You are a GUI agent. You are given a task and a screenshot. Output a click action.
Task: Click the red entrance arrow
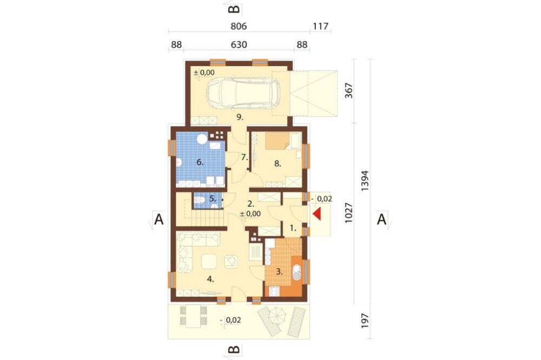click(x=316, y=214)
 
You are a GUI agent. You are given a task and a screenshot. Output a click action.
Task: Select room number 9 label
click(x=240, y=117)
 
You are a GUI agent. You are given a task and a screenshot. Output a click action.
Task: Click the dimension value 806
click(x=239, y=26)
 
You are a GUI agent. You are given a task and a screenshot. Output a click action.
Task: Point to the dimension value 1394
click(x=365, y=181)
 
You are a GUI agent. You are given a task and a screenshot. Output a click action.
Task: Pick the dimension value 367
click(x=349, y=90)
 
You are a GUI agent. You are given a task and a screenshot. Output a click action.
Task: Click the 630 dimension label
click(x=239, y=45)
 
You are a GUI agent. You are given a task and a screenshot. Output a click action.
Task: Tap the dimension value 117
click(x=320, y=26)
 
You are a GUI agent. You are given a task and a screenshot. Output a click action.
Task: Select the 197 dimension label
click(x=365, y=321)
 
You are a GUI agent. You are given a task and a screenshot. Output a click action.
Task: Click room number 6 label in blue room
click(x=200, y=162)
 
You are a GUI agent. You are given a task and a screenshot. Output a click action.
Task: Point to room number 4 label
click(x=210, y=279)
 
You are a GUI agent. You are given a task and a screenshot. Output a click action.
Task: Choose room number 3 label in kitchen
click(x=280, y=272)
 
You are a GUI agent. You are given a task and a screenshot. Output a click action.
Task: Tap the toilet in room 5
click(x=199, y=200)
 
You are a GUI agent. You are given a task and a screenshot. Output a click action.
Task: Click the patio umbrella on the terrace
click(x=278, y=315)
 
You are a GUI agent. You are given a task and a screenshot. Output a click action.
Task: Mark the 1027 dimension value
click(x=349, y=212)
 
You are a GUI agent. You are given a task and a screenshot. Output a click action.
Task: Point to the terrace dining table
click(x=194, y=317)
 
